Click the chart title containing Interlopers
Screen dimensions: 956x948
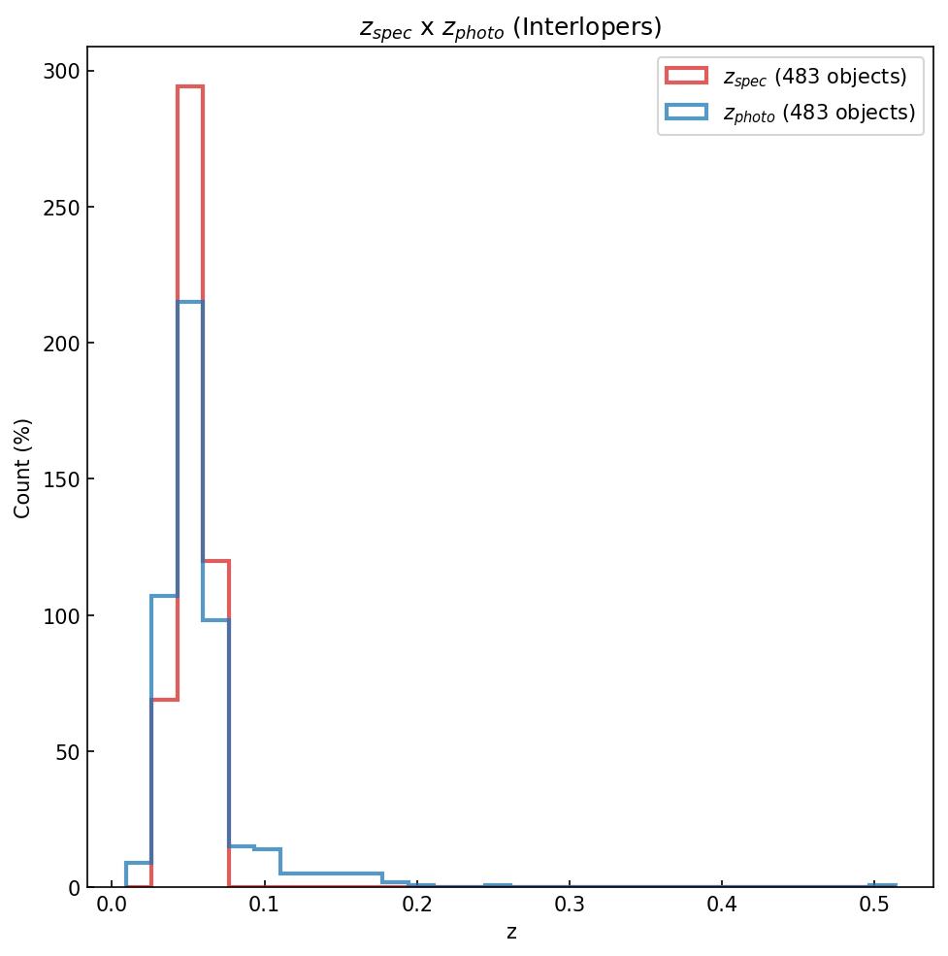tap(510, 27)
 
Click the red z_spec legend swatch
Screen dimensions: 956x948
tap(686, 76)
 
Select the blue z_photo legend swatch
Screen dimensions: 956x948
tap(686, 113)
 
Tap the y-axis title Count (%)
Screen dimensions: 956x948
tap(23, 468)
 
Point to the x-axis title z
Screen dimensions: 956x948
tap(510, 933)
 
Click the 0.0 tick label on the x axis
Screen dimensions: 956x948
tap(112, 907)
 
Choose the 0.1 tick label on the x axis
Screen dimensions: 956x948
tap(264, 907)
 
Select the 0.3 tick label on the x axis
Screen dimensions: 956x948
tap(570, 907)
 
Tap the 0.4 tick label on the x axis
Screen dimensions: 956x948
tap(722, 907)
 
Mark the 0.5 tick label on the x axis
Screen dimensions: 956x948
tap(874, 907)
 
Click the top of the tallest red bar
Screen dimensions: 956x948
tap(190, 86)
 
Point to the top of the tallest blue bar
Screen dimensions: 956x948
tap(190, 302)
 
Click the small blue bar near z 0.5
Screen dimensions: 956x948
tap(883, 885)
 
